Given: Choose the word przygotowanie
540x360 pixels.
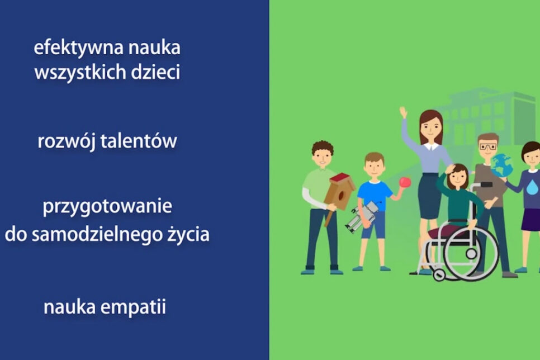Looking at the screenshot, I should click(x=107, y=207).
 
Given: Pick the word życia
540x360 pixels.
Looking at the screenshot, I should click(x=188, y=234).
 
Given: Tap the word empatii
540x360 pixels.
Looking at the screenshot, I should click(x=134, y=307).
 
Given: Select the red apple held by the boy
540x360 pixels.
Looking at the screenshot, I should click(x=405, y=183).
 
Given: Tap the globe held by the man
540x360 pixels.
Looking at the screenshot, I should click(x=502, y=165).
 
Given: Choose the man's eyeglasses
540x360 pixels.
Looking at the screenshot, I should click(x=487, y=147).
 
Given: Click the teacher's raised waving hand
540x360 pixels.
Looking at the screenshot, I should click(x=403, y=112).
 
